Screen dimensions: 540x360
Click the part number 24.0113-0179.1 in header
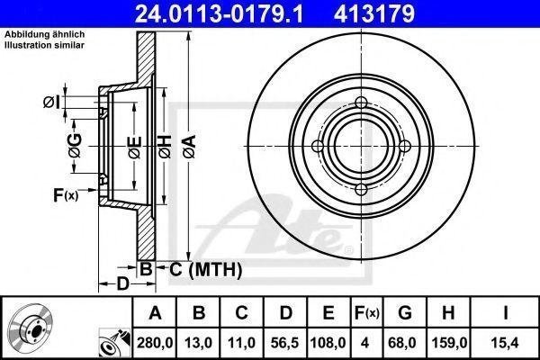[x=219, y=13]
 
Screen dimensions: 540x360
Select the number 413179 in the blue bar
[x=374, y=13]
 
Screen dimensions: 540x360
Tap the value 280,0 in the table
[x=155, y=343]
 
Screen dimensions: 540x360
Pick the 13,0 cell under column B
[x=198, y=343]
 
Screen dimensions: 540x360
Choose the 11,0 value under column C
[x=241, y=343]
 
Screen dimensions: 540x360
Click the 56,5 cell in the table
[x=285, y=343]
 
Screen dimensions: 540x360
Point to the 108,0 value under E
[x=328, y=343]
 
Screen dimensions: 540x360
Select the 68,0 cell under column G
[x=405, y=343]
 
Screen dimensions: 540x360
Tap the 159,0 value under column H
[x=448, y=343]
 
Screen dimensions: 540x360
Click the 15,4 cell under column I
[x=505, y=343]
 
